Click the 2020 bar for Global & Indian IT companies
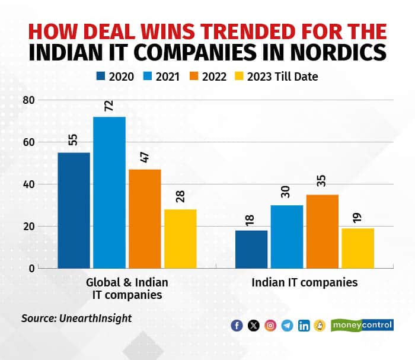pos(74,210)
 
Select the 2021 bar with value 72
pos(109,192)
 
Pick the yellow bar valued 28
pos(180,238)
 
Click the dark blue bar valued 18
pos(251,249)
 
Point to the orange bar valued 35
pos(323,231)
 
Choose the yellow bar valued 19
pos(358,248)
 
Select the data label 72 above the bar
pos(109,106)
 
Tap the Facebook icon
pos(237,325)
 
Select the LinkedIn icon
pos(304,325)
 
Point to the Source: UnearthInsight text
pos(76,318)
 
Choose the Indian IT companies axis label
pos(305,282)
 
